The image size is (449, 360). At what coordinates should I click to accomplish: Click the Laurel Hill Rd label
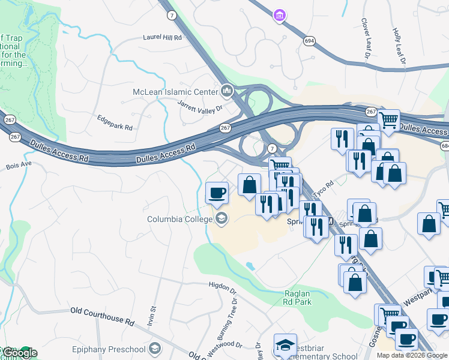[162, 37]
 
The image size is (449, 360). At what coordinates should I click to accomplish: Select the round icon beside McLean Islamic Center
[227, 91]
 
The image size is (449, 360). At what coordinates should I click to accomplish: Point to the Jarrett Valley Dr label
[200, 106]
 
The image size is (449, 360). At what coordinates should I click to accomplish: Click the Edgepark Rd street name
[114, 123]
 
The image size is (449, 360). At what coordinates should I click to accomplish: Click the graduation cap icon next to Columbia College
[221, 218]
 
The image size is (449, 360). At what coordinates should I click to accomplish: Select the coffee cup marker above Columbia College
[217, 193]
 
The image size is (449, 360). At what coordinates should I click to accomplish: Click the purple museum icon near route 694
[279, 15]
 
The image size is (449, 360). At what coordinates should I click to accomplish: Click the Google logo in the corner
[19, 353]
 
